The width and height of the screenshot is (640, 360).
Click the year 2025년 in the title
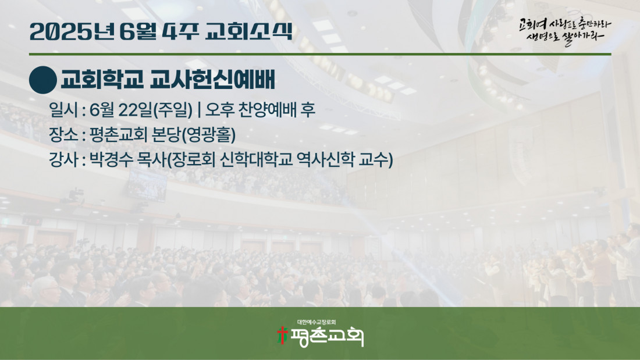pyautogui.click(x=72, y=31)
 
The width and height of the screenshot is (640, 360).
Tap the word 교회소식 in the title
pyautogui.click(x=249, y=31)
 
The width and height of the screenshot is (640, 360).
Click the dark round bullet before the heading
pyautogui.click(x=43, y=80)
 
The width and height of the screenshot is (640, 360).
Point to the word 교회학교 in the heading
pyautogui.click(x=102, y=80)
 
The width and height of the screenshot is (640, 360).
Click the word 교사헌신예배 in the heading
pyautogui.click(x=212, y=80)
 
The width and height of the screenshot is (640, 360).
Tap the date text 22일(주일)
pyautogui.click(x=155, y=110)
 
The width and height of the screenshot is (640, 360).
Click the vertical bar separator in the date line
pyautogui.click(x=199, y=110)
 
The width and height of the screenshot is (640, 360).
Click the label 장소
pyautogui.click(x=63, y=135)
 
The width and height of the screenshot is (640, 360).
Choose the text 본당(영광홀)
pyautogui.click(x=193, y=135)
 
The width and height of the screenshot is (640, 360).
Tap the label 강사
pyautogui.click(x=63, y=159)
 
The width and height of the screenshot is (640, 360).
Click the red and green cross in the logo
pyautogui.click(x=282, y=335)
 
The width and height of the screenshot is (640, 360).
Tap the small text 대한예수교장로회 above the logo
pyautogui.click(x=317, y=322)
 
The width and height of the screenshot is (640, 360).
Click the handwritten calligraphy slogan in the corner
pyautogui.click(x=564, y=31)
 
